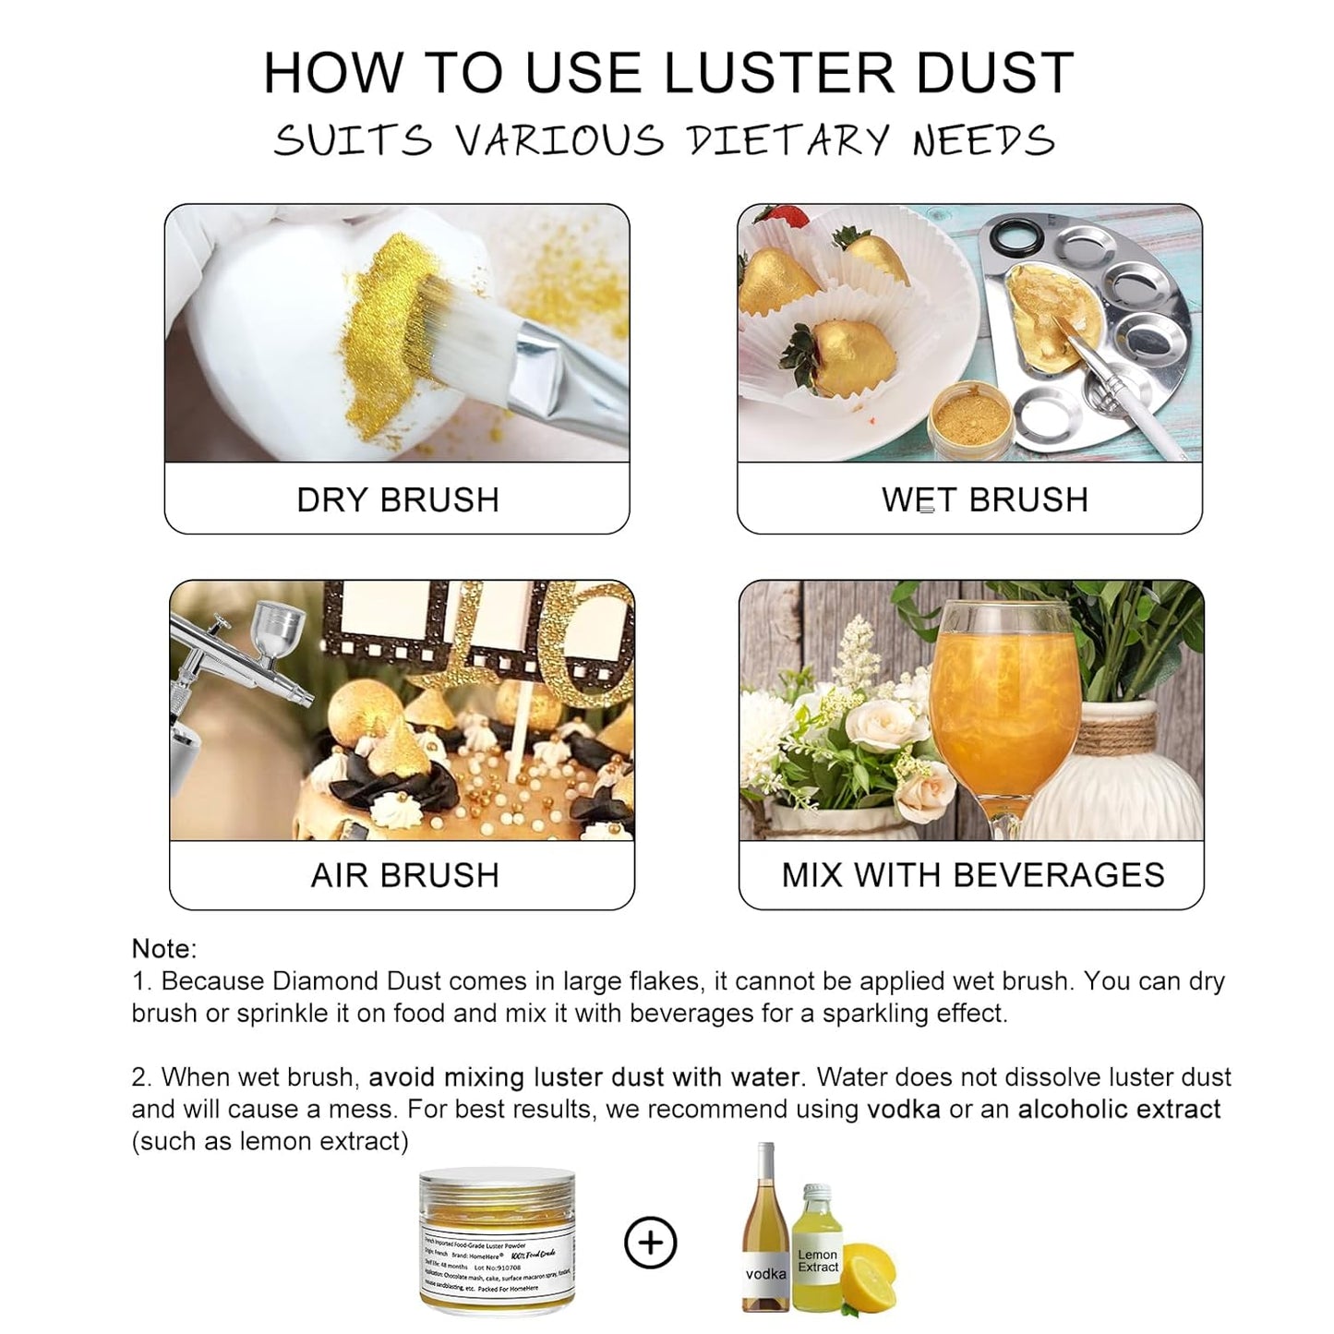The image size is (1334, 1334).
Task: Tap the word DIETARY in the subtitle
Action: (787, 141)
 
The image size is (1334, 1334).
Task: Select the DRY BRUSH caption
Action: (398, 499)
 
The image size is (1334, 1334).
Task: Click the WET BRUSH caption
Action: (985, 499)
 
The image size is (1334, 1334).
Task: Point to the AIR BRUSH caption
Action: (404, 875)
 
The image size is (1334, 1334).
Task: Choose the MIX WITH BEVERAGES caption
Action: (973, 875)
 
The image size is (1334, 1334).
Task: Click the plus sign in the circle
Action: (651, 1243)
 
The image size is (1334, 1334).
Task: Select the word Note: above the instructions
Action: (164, 949)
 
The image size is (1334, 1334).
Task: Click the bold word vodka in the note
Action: (903, 1109)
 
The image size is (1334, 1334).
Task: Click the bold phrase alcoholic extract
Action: (1119, 1109)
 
